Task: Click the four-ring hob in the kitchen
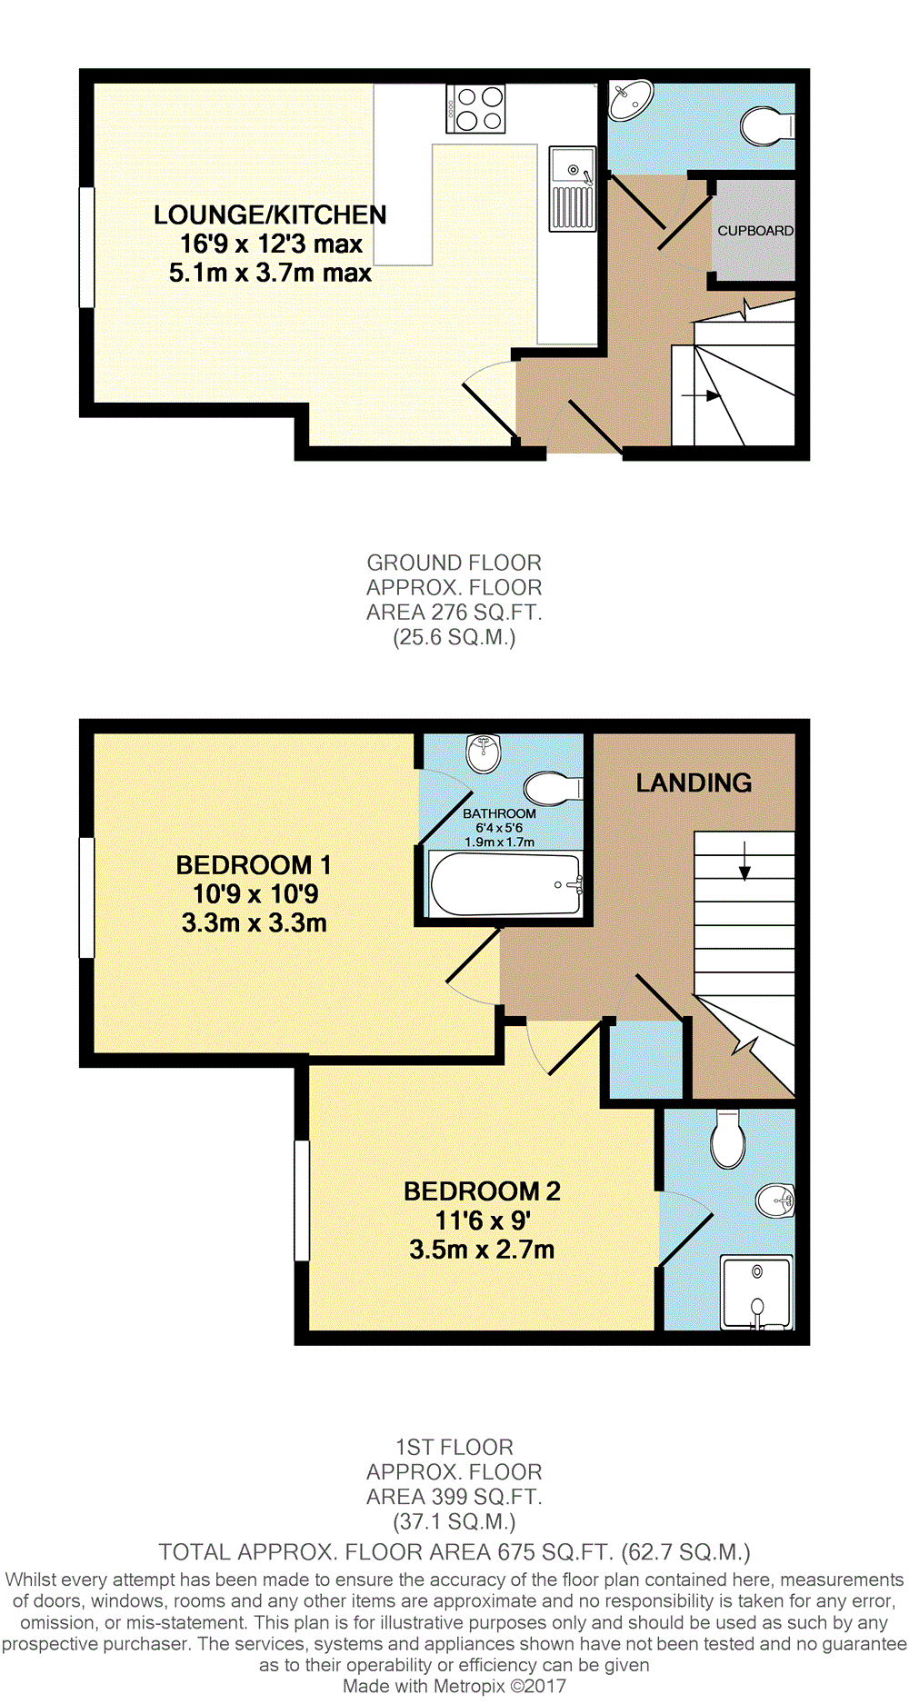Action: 475,108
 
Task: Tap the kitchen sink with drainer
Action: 572,189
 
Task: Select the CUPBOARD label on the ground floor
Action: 754,231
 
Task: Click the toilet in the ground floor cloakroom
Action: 767,126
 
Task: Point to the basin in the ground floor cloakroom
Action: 630,99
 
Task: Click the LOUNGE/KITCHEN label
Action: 270,215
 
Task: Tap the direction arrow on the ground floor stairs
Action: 701,395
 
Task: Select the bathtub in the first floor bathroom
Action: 505,884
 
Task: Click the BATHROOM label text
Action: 499,813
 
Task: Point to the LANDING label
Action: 694,783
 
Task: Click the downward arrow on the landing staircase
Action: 744,861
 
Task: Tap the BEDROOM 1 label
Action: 254,865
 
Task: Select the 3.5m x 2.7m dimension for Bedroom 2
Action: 482,1250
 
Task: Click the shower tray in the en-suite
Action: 756,1291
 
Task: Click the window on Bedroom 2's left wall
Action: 302,1201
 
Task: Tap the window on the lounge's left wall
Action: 87,247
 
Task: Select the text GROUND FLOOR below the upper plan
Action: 454,563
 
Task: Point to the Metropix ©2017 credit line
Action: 454,1687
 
